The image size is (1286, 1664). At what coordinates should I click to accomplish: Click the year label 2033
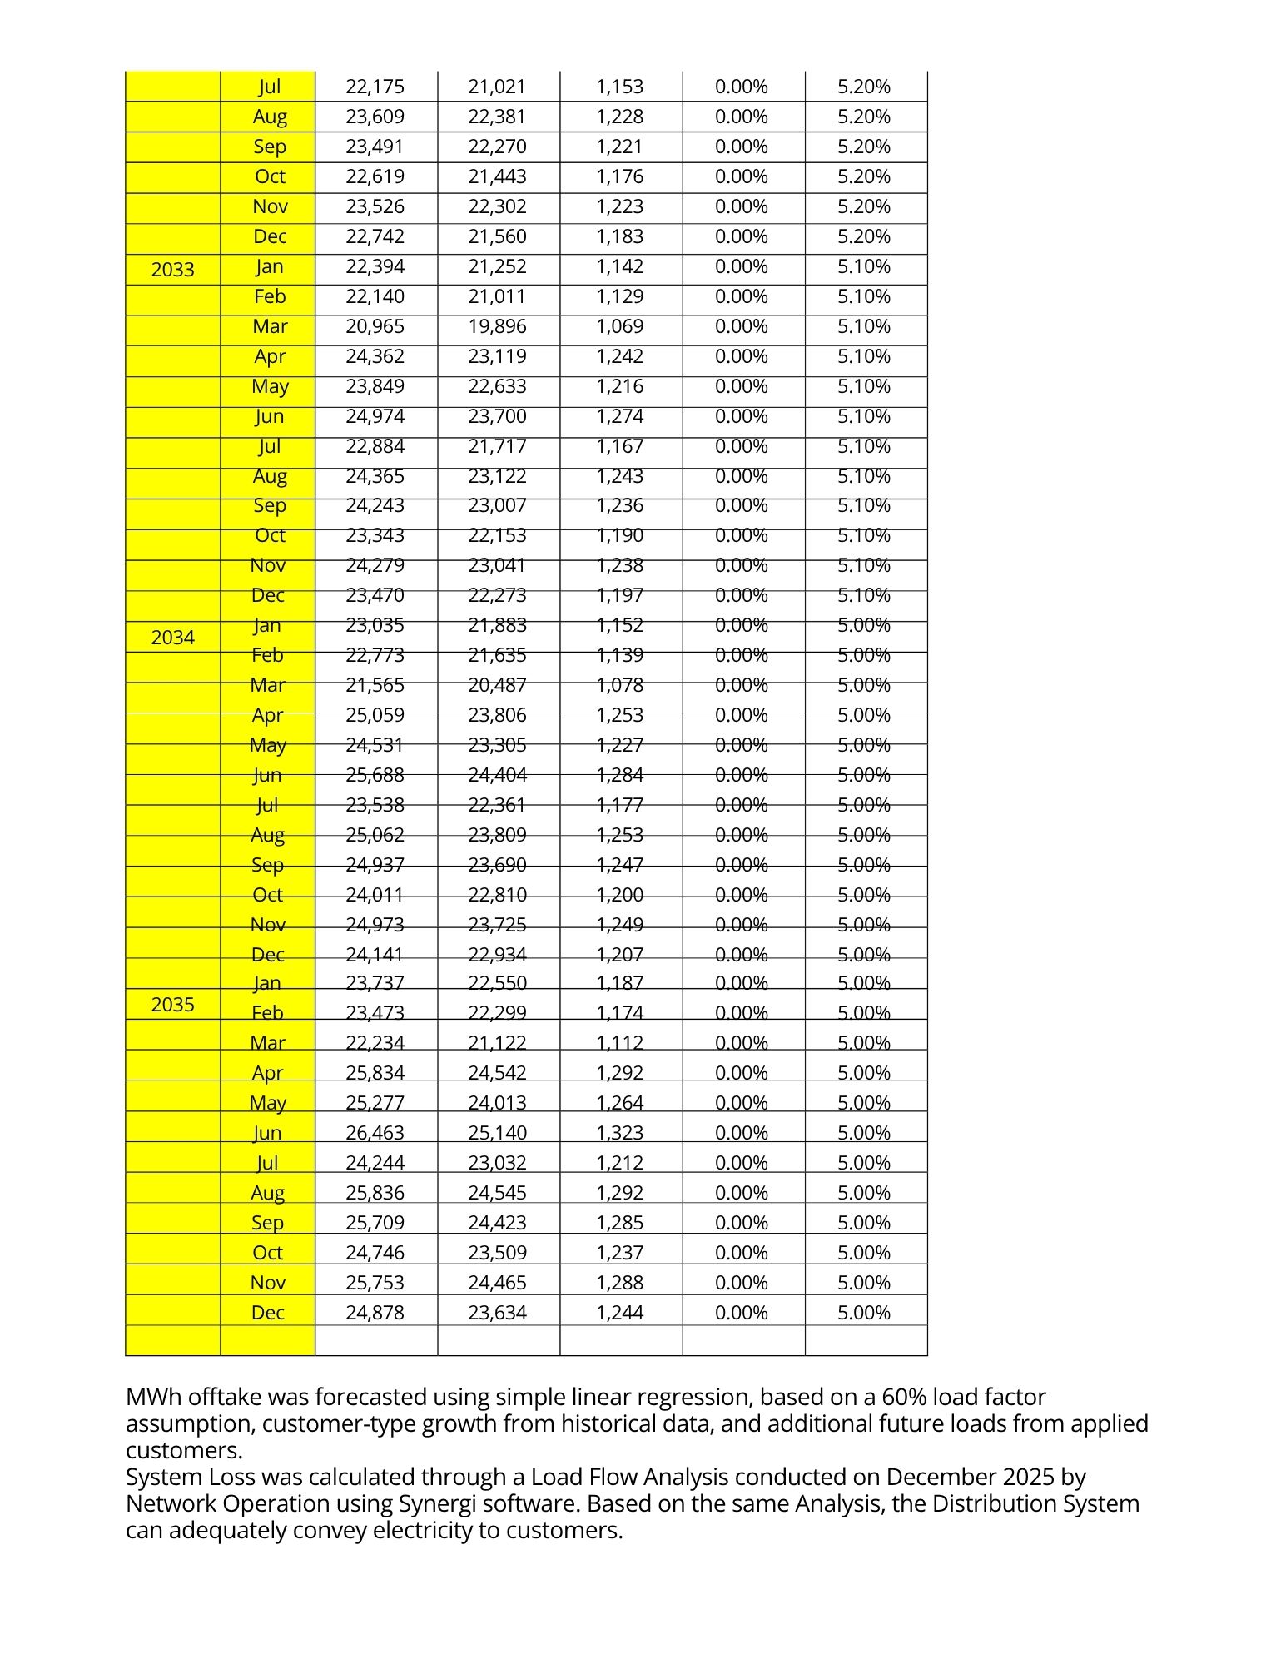(172, 270)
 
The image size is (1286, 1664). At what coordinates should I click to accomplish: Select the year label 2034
(172, 638)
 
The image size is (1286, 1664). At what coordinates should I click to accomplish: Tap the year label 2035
(172, 1005)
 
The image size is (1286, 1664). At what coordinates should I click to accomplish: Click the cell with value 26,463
(375, 1133)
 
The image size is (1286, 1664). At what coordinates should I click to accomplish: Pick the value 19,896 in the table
(497, 326)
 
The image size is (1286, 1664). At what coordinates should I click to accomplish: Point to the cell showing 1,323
(619, 1133)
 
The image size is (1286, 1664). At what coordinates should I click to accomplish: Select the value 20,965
(375, 326)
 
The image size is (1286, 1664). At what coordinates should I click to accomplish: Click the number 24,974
(375, 416)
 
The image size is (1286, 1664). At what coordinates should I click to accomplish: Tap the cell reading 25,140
(497, 1133)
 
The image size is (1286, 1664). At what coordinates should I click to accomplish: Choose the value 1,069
(619, 326)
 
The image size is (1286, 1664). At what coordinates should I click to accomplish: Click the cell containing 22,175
(375, 87)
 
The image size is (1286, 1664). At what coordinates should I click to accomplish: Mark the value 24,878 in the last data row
(375, 1313)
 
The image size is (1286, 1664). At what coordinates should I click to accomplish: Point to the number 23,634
(497, 1313)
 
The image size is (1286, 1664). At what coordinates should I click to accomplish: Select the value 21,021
(497, 87)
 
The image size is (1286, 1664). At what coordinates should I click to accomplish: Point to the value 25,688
(375, 775)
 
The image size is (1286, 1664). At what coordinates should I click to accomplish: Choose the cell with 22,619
(375, 176)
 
